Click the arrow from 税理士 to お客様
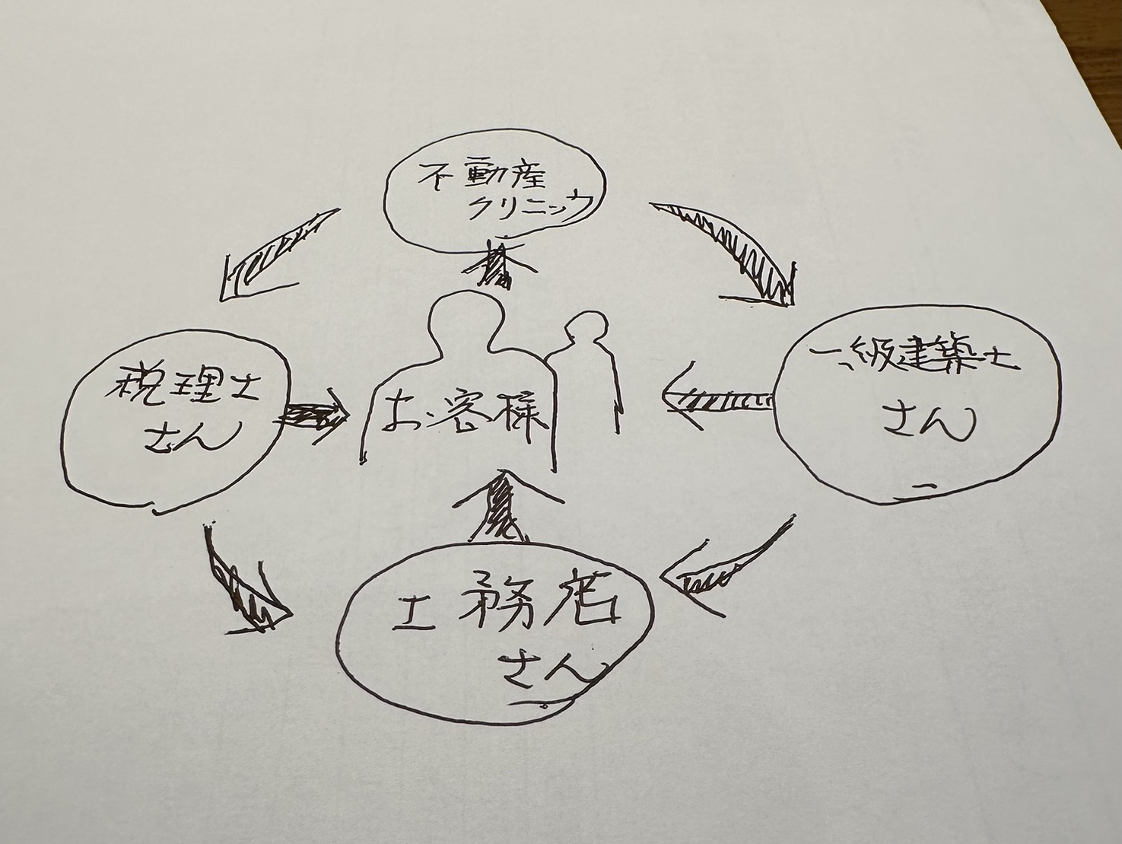point(313,416)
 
